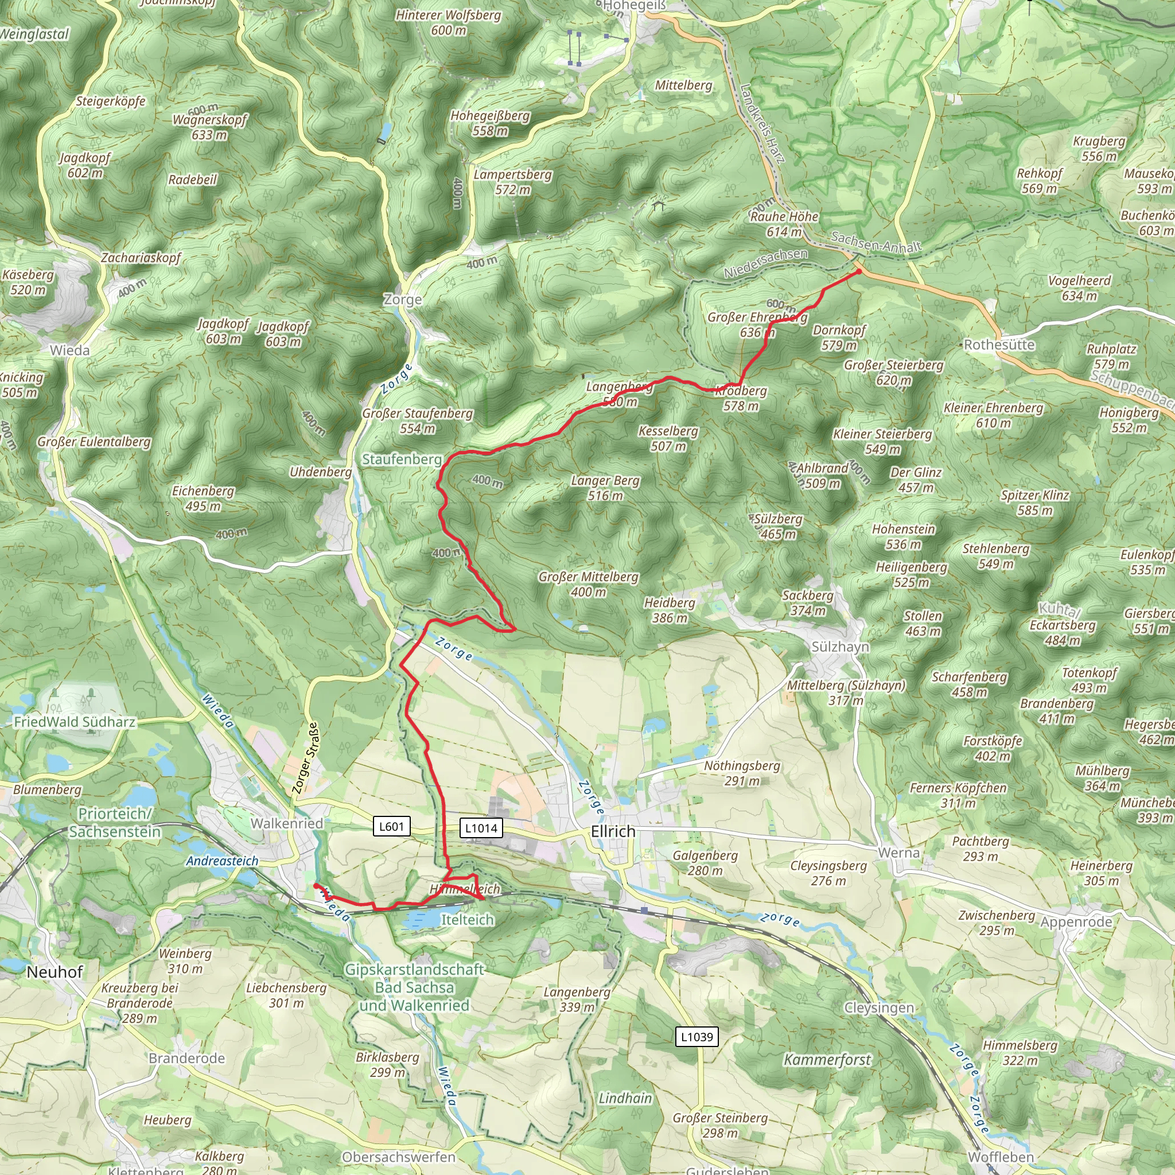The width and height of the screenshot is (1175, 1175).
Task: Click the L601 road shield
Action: (391, 827)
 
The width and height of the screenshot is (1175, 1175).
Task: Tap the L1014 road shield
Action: (481, 828)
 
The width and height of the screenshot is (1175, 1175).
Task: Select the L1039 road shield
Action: (697, 1037)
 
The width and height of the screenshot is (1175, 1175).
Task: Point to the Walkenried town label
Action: (286, 823)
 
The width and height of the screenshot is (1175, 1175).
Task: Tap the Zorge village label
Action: (402, 300)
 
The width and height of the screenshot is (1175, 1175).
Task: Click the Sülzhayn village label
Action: (840, 647)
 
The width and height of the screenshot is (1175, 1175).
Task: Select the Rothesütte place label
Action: (999, 345)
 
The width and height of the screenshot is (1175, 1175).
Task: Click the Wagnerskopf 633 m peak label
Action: (209, 126)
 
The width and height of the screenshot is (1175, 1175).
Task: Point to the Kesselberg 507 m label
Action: (668, 438)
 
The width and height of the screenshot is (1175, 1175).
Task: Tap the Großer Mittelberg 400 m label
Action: (588, 584)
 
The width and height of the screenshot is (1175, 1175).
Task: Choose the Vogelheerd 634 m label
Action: (1079, 288)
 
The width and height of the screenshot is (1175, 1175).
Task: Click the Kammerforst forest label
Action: (827, 1060)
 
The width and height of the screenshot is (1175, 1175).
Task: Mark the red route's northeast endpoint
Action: (858, 271)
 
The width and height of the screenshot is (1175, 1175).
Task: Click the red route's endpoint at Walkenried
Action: (315, 885)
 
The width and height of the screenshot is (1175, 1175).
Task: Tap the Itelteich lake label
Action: (467, 920)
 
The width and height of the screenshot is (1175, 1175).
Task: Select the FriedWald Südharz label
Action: (74, 722)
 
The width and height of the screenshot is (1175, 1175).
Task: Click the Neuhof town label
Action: (55, 972)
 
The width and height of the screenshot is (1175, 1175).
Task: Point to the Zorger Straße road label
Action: (305, 758)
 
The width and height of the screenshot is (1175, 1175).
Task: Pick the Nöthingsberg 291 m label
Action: (741, 773)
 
